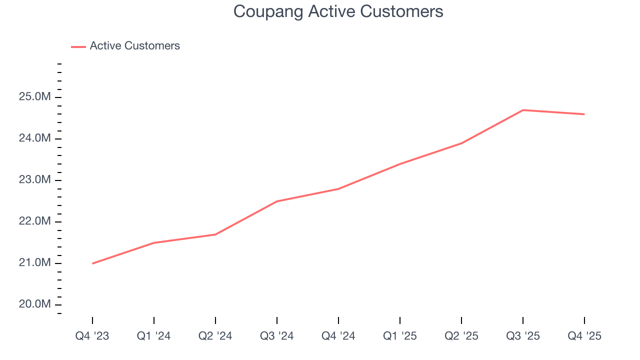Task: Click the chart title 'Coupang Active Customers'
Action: click(338, 11)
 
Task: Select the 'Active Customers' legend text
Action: click(134, 46)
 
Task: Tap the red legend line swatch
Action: click(78, 46)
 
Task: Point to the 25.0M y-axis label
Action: click(34, 97)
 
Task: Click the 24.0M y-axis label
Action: click(34, 138)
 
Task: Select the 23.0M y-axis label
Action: click(34, 180)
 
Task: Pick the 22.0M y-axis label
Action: click(34, 221)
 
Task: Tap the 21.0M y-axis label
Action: click(34, 263)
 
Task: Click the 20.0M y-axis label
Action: click(34, 304)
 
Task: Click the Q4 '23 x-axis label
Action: click(92, 336)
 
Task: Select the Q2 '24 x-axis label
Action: click(215, 336)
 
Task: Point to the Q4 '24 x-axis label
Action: click(338, 336)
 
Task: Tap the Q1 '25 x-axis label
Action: click(400, 336)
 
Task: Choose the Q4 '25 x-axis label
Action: click(584, 336)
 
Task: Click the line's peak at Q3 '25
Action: click(522, 110)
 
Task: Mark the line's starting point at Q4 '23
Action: click(92, 263)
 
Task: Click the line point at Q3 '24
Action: click(276, 201)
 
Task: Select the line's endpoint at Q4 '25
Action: click(584, 114)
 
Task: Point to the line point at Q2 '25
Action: click(461, 143)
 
